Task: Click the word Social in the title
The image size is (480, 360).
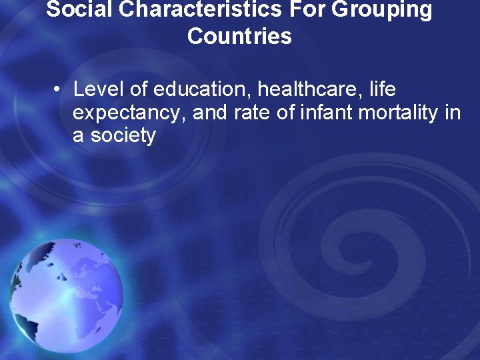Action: pos(76,9)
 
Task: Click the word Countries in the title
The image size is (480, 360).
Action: pos(239,36)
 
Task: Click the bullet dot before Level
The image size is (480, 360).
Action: pos(59,90)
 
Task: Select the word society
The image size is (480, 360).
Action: pos(122,136)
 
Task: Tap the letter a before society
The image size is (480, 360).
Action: pos(78,136)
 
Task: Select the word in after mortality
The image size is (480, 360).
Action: pos(451,113)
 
